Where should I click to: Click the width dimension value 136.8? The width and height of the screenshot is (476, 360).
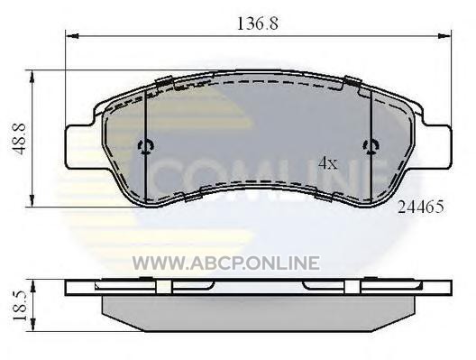(x=258, y=23)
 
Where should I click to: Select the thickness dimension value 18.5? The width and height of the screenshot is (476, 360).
(x=20, y=306)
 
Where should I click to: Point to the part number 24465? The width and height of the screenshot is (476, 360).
(x=421, y=208)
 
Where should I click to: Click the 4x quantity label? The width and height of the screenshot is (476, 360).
(x=328, y=163)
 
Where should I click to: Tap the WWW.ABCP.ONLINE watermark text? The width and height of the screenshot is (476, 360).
(x=226, y=263)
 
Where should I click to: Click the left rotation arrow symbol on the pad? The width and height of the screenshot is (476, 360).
(x=146, y=147)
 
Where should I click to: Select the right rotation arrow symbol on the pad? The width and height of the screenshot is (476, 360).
(x=371, y=147)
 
